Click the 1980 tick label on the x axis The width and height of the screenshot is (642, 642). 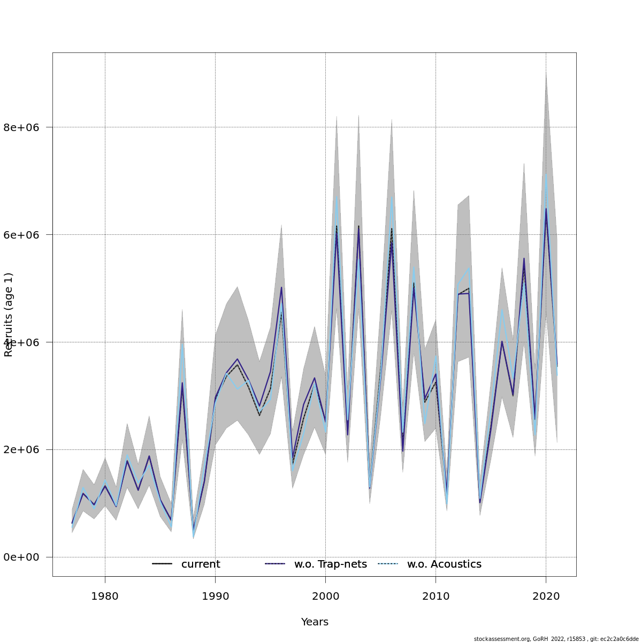coord(105,596)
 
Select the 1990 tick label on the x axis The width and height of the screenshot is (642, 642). coord(215,596)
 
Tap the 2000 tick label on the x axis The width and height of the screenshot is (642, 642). coord(325,596)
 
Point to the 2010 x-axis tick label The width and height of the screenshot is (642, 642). coord(435,596)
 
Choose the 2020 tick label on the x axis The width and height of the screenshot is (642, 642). coord(546,596)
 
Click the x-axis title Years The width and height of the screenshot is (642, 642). coord(315,622)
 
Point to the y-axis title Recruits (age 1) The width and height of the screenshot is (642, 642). coord(9,315)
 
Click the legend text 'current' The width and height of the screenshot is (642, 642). coord(201,564)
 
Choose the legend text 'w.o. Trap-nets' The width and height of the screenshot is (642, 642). coord(331,564)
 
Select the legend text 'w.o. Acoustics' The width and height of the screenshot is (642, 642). coord(444,564)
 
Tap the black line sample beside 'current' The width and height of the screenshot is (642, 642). coord(162,564)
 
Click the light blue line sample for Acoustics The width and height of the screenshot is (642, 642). coord(388,564)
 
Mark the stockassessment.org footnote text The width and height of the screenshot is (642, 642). coord(556,639)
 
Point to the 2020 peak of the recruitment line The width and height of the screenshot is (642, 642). coord(546,209)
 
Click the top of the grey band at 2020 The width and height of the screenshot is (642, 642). coord(546,73)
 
